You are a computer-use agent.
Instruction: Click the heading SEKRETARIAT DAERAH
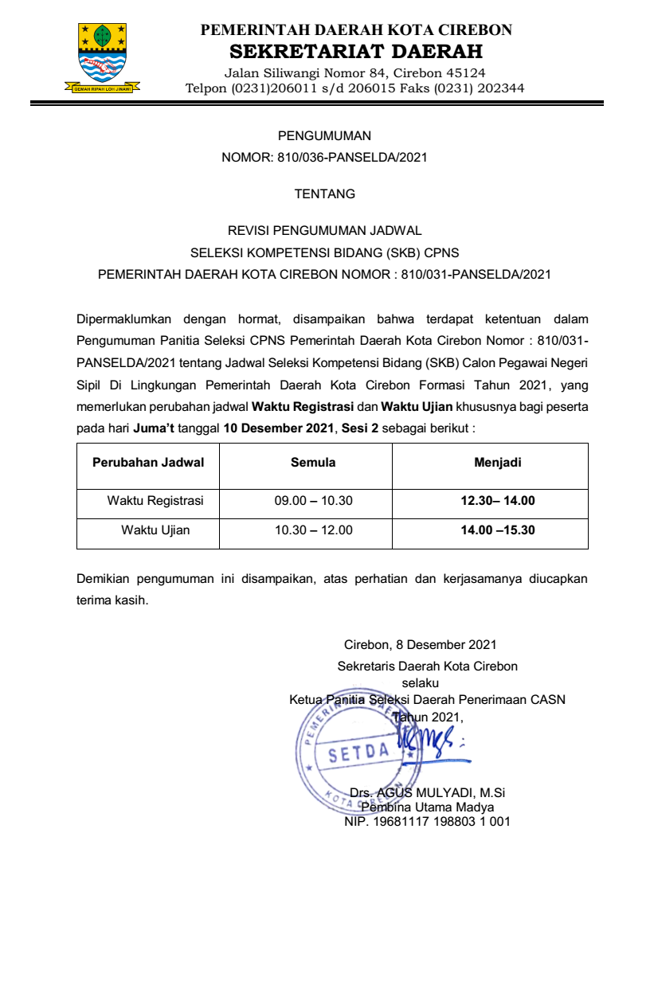(355, 53)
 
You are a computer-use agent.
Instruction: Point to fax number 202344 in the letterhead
(500, 88)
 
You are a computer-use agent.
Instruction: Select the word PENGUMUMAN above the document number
(324, 136)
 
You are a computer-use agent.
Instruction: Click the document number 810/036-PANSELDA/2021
(352, 158)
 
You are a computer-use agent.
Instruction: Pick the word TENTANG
(324, 194)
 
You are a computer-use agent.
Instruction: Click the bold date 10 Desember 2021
(278, 428)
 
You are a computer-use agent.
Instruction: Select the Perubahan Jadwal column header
(148, 463)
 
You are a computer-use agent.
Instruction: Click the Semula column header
(313, 463)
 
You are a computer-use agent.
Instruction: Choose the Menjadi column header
(498, 463)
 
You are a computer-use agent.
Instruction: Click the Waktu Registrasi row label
(155, 501)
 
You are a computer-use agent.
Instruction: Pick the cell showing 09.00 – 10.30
(313, 501)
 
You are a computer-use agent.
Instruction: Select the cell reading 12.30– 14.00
(498, 501)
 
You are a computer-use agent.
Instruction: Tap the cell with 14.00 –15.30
(498, 530)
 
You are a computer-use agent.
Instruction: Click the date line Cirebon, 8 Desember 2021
(420, 644)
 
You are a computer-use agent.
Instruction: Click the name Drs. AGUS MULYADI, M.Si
(428, 793)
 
